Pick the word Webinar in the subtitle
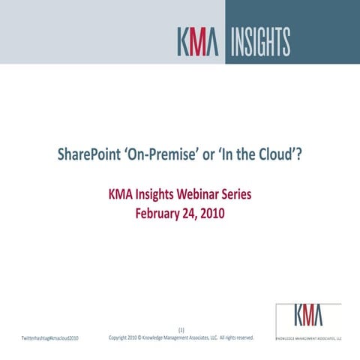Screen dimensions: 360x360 click(x=189, y=195)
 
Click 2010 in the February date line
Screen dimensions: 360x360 click(x=213, y=213)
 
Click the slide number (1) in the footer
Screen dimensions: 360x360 click(x=181, y=330)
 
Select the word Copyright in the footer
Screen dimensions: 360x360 click(x=122, y=337)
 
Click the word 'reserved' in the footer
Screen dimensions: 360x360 click(x=242, y=337)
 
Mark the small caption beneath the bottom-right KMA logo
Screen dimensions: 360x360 click(x=309, y=337)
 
